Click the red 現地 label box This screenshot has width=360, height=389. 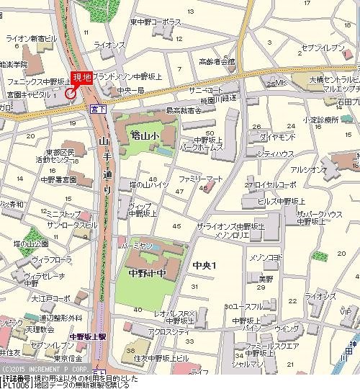(x=81, y=79)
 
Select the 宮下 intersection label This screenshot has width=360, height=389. (x=98, y=108)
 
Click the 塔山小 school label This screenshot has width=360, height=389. (x=145, y=134)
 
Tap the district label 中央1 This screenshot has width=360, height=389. (x=205, y=266)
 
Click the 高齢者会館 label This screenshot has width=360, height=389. (x=217, y=62)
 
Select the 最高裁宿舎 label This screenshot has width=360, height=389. (x=184, y=111)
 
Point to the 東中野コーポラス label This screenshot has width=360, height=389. (x=156, y=22)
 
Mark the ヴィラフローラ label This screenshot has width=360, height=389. (x=49, y=258)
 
